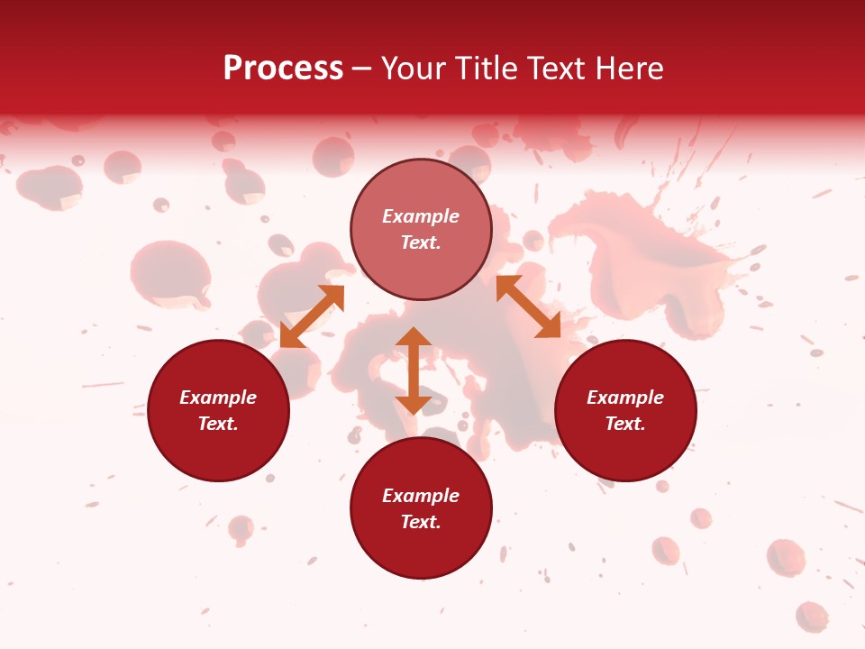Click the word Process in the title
pyautogui.click(x=283, y=69)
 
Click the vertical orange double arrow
pyautogui.click(x=414, y=370)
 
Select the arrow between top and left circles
pyautogui.click(x=313, y=316)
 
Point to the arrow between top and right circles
pyautogui.click(x=528, y=307)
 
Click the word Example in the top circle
pyautogui.click(x=421, y=216)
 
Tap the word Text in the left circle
pyautogui.click(x=218, y=424)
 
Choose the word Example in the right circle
pyautogui.click(x=625, y=398)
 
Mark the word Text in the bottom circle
pyautogui.click(x=421, y=522)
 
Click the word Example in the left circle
pyautogui.click(x=218, y=398)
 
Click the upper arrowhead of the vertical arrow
pyautogui.click(x=414, y=337)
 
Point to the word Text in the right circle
pyautogui.click(x=625, y=424)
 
